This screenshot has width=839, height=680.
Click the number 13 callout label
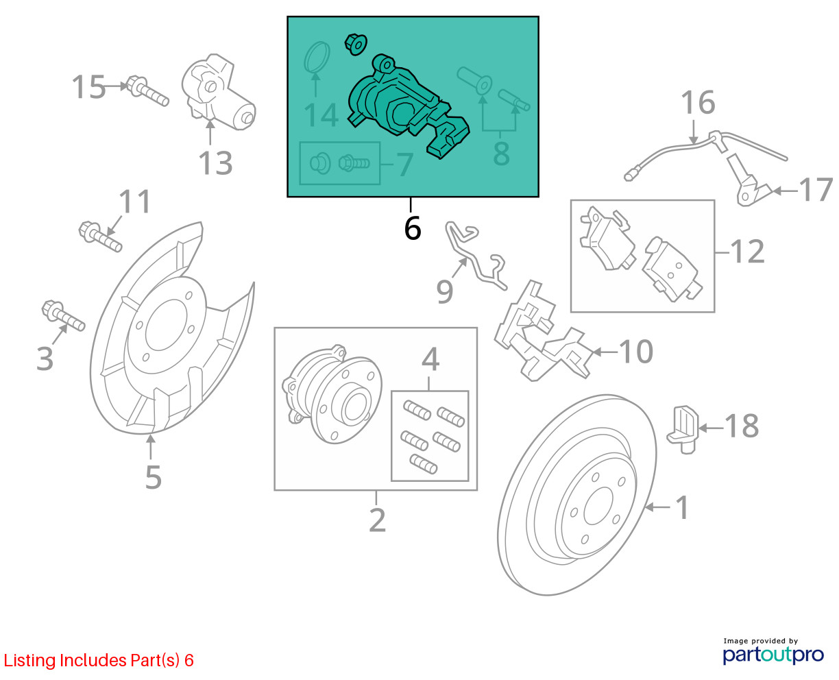[x=215, y=162]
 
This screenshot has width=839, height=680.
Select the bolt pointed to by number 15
[x=147, y=91]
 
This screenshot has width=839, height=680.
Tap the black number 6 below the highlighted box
[x=413, y=228]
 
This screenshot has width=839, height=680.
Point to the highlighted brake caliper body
[x=409, y=106]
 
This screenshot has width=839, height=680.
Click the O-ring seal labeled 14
[x=317, y=58]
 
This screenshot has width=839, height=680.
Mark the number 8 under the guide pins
[x=501, y=154]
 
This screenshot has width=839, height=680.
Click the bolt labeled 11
[x=101, y=236]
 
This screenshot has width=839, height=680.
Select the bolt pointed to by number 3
[x=63, y=315]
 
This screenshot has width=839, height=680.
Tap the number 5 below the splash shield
[x=154, y=478]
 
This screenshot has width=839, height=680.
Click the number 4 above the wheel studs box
[x=430, y=359]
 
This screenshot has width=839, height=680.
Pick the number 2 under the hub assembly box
[x=377, y=520]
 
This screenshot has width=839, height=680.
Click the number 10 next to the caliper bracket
[x=635, y=351]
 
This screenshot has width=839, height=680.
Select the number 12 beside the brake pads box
[x=747, y=251]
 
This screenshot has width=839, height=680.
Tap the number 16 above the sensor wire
[x=698, y=102]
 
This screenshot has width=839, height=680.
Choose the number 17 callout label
[x=816, y=190]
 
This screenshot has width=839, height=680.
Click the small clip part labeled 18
[x=683, y=430]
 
